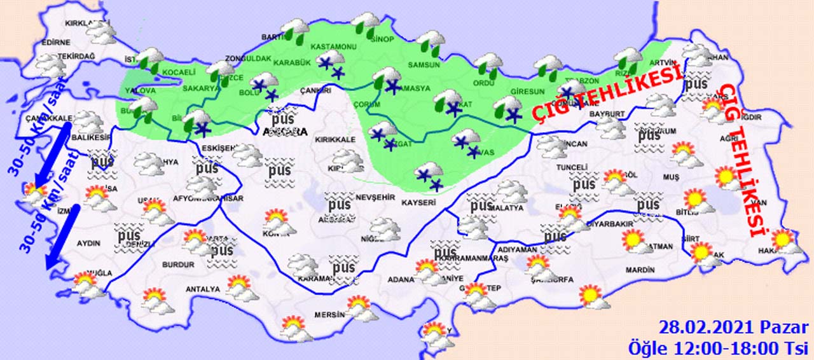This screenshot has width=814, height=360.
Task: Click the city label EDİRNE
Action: tap(55, 43)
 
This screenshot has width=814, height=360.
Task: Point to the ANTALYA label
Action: tap(202, 289)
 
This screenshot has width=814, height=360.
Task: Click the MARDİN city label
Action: tap(640, 270)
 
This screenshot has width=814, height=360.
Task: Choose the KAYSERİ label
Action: tap(418, 203)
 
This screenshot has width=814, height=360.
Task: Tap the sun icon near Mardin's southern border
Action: tap(591, 296)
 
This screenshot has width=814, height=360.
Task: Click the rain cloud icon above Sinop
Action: tap(366, 24)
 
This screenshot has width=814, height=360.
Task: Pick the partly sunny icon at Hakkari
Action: tap(784, 241)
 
